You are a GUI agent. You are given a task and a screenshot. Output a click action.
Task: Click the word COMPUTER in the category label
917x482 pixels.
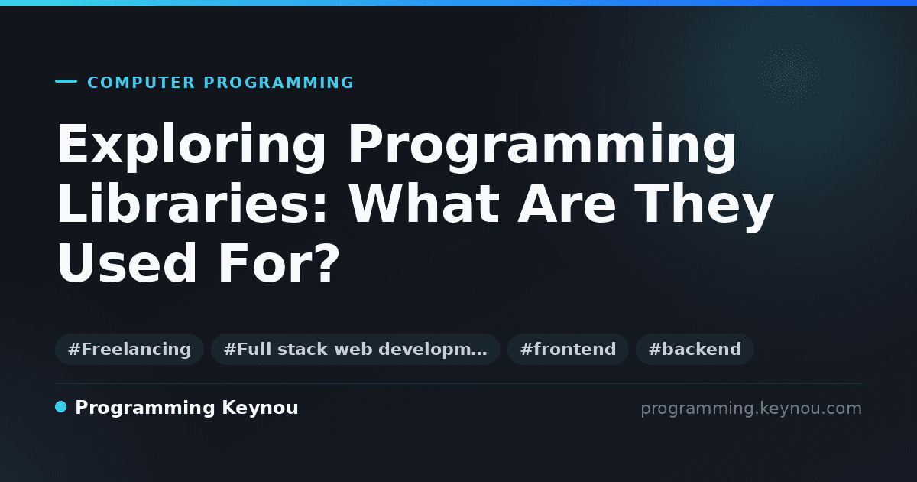point(141,83)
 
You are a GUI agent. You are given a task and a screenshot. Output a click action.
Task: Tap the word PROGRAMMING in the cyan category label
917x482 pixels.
point(278,83)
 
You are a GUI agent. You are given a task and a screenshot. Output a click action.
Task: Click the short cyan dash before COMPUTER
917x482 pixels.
point(66,81)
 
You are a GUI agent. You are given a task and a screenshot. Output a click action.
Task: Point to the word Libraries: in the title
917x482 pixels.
point(192,204)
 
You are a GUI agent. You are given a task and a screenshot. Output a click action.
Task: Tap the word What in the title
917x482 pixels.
point(423,204)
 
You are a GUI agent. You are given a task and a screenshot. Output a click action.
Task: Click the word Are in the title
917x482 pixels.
point(566,204)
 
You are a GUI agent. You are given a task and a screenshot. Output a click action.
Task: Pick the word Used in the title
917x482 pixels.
point(127,263)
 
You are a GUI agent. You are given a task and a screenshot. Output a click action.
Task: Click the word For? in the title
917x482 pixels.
point(279,263)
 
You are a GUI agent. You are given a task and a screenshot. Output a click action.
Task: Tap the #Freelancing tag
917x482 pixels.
point(129,349)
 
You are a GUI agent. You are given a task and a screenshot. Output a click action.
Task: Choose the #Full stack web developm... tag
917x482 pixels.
point(355,349)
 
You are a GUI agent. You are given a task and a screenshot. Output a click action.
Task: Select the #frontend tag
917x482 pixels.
point(568,349)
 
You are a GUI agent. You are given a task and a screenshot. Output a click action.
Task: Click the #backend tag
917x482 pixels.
point(695,349)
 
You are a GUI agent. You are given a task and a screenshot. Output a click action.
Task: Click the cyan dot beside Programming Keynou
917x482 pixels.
point(61,407)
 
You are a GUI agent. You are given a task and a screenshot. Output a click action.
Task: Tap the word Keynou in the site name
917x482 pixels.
point(260,409)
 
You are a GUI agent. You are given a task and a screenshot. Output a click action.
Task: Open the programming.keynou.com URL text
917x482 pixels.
point(751,409)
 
